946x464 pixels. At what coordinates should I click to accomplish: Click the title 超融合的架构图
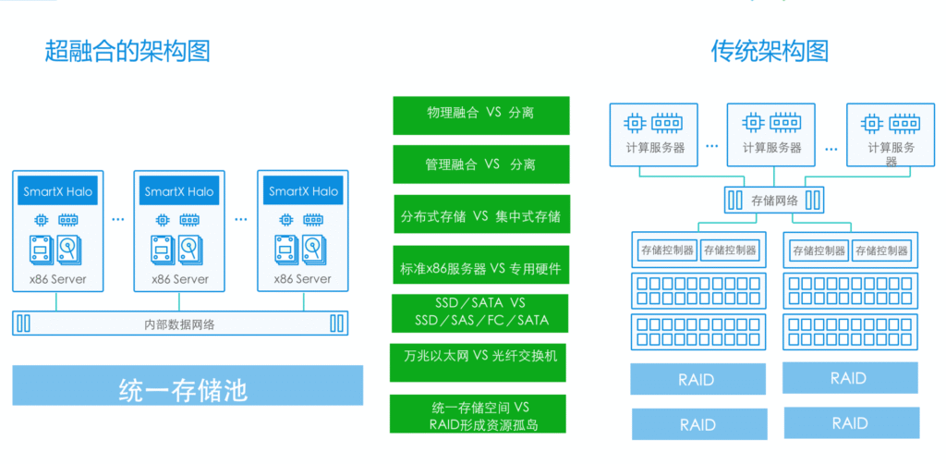(127, 50)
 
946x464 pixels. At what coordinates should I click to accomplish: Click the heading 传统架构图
(769, 50)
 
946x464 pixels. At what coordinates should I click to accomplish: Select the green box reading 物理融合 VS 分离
(480, 114)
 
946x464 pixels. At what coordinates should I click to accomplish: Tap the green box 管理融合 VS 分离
(480, 165)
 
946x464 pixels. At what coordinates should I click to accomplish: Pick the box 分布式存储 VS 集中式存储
(480, 215)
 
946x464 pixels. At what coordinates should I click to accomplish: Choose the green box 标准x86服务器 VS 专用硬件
(480, 267)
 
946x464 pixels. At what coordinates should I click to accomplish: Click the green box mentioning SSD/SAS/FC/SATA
(480, 312)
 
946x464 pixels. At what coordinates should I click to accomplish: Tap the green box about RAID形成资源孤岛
(480, 415)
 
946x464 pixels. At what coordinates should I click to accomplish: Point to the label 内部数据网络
(181, 324)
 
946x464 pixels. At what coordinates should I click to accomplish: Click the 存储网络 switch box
(773, 200)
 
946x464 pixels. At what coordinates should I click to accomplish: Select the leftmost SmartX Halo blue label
(58, 191)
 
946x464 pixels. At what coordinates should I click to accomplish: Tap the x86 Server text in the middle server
(179, 278)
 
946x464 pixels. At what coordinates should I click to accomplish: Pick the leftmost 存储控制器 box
(665, 250)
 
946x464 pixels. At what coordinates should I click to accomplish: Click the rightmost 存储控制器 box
(879, 250)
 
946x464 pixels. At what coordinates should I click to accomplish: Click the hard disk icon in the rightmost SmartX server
(315, 250)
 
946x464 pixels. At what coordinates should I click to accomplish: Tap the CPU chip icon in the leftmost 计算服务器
(635, 122)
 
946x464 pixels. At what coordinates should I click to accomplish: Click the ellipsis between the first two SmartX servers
(118, 220)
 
